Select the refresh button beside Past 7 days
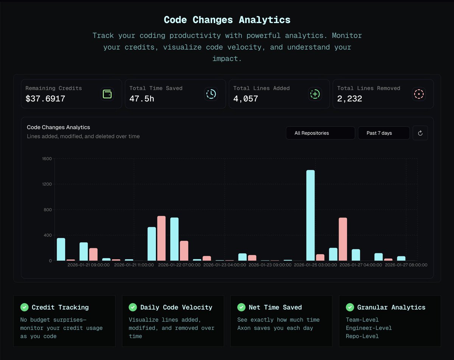click(x=420, y=133)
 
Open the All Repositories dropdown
click(x=320, y=133)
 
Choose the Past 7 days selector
click(x=384, y=133)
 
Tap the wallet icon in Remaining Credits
click(x=107, y=94)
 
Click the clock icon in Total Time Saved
click(x=211, y=94)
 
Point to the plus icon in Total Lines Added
click(x=315, y=94)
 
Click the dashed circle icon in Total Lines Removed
click(x=419, y=94)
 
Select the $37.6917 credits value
click(x=45, y=99)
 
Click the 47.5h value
click(x=142, y=99)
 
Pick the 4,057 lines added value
click(x=246, y=99)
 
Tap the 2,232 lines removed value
click(x=350, y=99)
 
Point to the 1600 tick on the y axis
click(x=47, y=159)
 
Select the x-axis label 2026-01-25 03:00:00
click(x=315, y=265)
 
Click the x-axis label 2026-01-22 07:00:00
click(x=179, y=265)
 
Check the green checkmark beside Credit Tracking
click(x=24, y=307)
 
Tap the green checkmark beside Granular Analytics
click(x=350, y=307)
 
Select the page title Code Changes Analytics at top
click(x=227, y=20)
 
